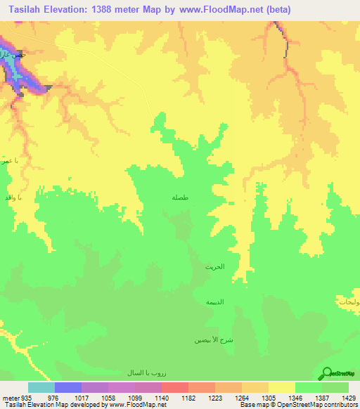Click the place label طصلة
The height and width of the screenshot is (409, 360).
pos(180,197)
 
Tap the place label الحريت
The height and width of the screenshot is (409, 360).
pos(214,268)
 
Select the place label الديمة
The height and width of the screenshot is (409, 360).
pos(214,301)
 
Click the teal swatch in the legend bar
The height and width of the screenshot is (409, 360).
pos(41,387)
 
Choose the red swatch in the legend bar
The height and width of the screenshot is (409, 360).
pos(175,387)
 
